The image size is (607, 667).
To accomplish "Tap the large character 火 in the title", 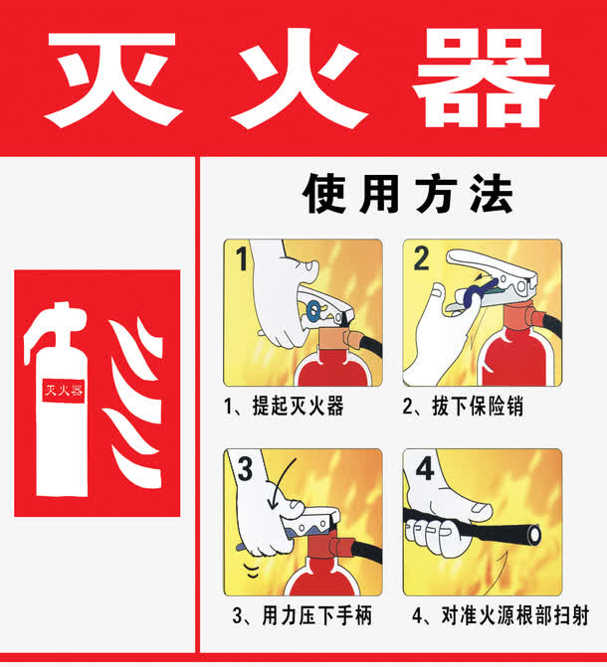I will coord(301,78).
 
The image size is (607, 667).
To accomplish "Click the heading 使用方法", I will coord(407,195).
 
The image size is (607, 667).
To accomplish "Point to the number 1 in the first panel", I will coord(240,261).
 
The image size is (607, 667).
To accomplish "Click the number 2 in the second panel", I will coord(421,260).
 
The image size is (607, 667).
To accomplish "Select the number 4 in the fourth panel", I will coord(424,468).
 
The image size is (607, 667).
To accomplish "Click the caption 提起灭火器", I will coord(284,407).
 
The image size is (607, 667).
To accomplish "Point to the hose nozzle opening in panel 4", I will coord(537,536).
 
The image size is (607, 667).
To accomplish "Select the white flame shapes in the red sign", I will coord(133,398).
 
